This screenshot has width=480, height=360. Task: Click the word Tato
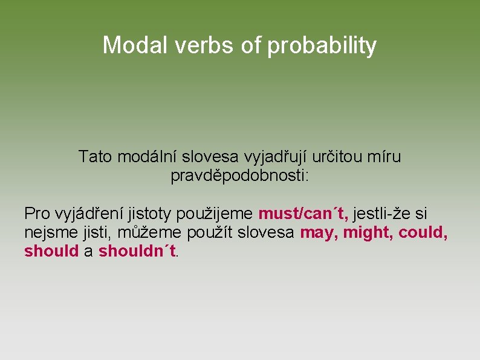pyautogui.click(x=95, y=157)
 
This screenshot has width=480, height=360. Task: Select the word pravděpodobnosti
pyautogui.click(x=239, y=177)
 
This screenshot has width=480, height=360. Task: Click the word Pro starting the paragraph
pyautogui.click(x=37, y=214)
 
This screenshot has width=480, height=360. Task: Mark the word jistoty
pyautogui.click(x=148, y=214)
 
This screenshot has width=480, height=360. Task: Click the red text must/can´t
pyautogui.click(x=303, y=214)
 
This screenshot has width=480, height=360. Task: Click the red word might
pyautogui.click(x=366, y=233)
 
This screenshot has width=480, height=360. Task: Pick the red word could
pyautogui.click(x=422, y=233)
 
